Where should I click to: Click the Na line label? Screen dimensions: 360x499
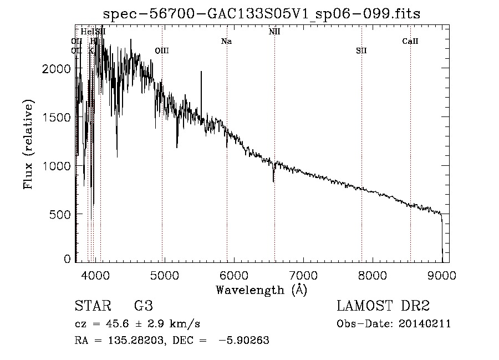coord(226,42)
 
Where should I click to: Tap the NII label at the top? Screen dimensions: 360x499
coord(274,32)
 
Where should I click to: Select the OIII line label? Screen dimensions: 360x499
coord(161,51)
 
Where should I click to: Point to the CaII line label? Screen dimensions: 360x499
coord(410,42)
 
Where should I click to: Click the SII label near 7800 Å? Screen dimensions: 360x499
coord(361,51)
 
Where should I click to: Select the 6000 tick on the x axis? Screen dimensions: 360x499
coord(233,274)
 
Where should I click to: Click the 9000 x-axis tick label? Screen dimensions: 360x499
coord(442,274)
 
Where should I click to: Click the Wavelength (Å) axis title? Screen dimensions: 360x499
coord(261,290)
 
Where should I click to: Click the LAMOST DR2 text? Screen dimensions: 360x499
coord(383,306)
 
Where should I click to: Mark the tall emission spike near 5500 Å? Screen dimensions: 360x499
coord(201,73)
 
